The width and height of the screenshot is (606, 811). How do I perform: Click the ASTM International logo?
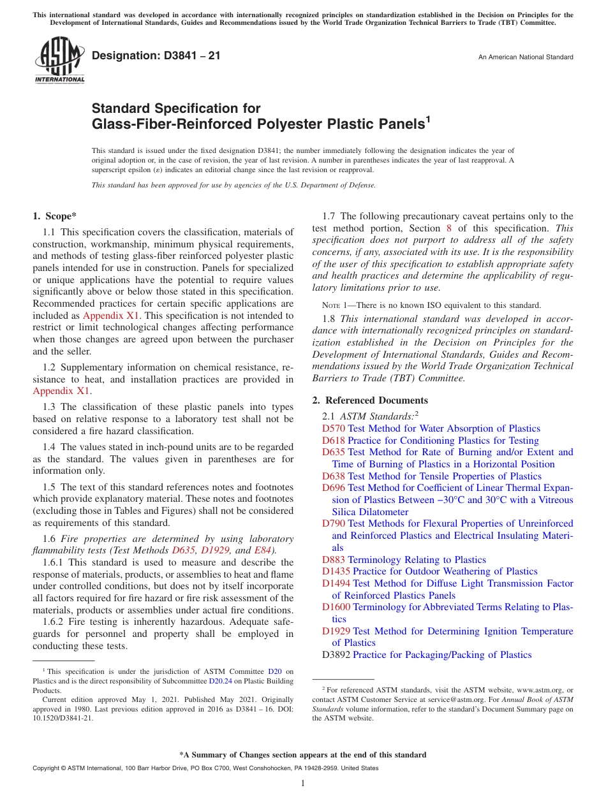pyautogui.click(x=59, y=61)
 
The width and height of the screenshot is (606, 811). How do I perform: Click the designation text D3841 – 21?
pyautogui.click(x=156, y=56)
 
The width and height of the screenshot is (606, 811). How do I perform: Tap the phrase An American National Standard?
pyautogui.click(x=526, y=57)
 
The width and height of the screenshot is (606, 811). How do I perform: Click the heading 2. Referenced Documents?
pyautogui.click(x=370, y=400)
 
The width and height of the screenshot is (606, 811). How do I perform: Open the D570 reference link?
pyautogui.click(x=333, y=428)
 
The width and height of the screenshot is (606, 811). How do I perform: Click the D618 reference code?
pyautogui.click(x=333, y=441)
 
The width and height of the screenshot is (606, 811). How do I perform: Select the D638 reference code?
pyautogui.click(x=333, y=476)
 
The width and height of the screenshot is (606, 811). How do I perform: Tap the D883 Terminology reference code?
pyautogui.click(x=333, y=560)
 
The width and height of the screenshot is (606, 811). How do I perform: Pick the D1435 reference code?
pyautogui.click(x=336, y=571)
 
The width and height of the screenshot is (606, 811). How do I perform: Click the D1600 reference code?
pyautogui.click(x=336, y=607)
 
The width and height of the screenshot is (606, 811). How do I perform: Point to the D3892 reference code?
pyautogui.click(x=336, y=655)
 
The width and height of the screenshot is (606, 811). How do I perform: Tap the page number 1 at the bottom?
pyautogui.click(x=303, y=783)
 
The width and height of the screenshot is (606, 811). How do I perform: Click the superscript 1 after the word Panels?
pyautogui.click(x=428, y=119)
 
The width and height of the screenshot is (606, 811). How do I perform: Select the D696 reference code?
pyautogui.click(x=333, y=488)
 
